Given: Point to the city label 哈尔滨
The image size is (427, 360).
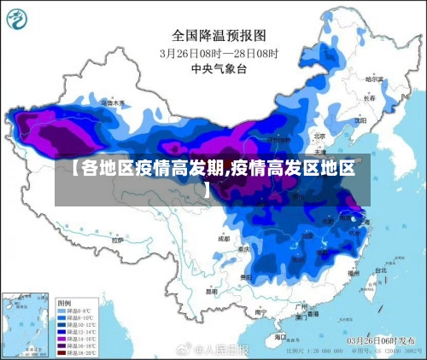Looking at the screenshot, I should (x=374, y=78).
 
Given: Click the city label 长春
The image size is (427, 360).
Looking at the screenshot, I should (x=369, y=98).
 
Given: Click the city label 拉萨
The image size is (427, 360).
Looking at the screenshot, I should (x=118, y=241).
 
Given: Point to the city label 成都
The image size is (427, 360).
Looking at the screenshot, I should (x=224, y=239).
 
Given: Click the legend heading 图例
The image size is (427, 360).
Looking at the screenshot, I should (x=64, y=302).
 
